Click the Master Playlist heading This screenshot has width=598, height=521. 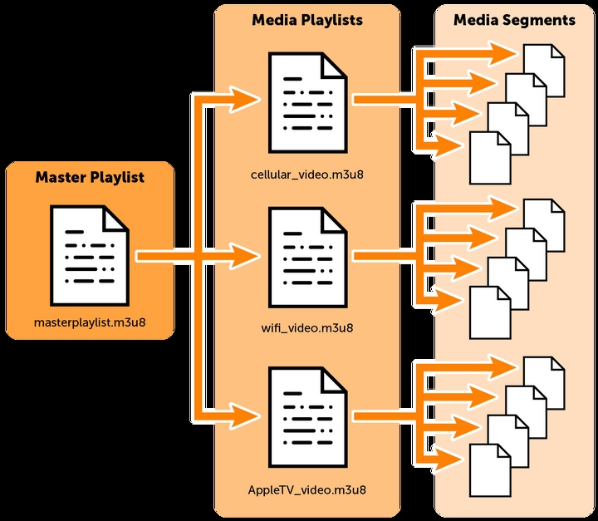pos(90,177)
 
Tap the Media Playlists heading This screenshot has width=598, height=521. pos(307,20)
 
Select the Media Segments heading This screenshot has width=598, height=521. pos(514,20)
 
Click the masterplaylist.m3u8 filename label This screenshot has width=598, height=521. pos(90,322)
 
